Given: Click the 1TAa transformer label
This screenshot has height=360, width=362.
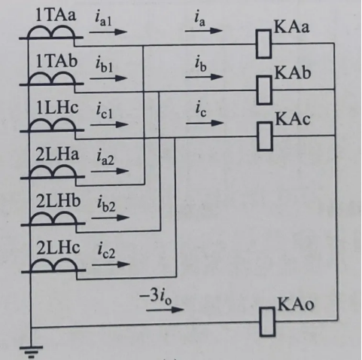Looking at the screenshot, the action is [56, 14].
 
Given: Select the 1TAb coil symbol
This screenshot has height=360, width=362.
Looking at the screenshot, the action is [51, 78].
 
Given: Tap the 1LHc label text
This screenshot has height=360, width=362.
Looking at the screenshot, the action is [57, 108].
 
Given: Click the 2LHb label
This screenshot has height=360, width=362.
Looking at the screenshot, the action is [58, 201].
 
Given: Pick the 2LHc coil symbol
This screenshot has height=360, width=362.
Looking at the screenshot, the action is [53, 266].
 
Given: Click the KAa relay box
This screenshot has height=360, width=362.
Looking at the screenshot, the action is [263, 44].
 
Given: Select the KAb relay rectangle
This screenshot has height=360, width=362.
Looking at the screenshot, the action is [264, 90].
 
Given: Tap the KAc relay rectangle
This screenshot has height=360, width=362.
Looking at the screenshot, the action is [265, 136].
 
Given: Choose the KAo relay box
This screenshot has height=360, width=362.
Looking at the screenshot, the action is [267, 322].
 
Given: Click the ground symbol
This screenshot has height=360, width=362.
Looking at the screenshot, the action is [31, 352].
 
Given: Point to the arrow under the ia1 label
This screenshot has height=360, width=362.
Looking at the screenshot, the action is [108, 32].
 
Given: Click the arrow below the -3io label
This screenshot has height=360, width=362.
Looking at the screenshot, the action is [165, 310].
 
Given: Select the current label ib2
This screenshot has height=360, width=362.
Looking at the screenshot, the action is [106, 204].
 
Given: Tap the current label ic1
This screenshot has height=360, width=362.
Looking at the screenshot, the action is [105, 111].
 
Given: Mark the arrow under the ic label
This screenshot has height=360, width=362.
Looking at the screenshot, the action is [205, 123].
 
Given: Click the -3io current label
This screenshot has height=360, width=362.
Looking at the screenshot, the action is [156, 297].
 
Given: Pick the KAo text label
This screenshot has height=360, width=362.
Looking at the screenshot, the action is [296, 304].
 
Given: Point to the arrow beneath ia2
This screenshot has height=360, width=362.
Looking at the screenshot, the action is [110, 171].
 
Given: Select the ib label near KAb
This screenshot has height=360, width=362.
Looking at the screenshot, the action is [201, 63].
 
